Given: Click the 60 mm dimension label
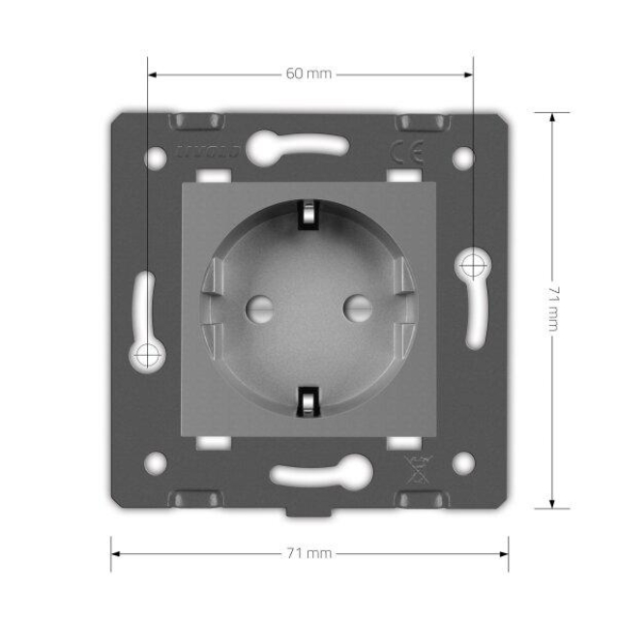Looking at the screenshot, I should (308, 73).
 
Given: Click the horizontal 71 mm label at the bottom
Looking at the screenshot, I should (309, 554).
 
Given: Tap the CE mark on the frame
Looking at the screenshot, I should (400, 152).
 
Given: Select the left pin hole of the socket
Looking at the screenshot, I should (258, 309).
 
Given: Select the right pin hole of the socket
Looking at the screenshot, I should (359, 309).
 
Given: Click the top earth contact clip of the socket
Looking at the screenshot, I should (308, 214).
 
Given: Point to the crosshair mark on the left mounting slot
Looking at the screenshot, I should (146, 355).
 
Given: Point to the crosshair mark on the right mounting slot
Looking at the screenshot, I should (473, 262).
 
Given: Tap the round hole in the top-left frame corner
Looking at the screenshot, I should (155, 155).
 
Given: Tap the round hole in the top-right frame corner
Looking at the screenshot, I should (462, 155).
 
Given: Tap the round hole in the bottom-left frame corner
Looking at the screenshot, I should (155, 462).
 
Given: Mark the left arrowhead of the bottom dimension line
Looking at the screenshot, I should (115, 554).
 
